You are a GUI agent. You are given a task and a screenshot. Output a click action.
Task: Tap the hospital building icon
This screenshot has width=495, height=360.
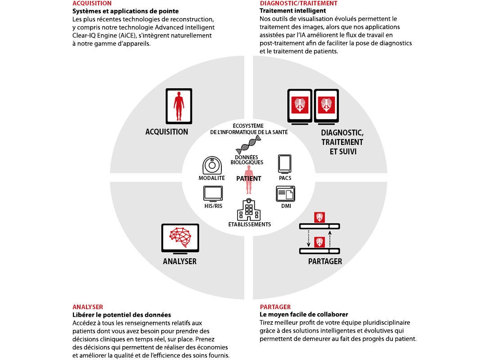pyautogui.click(x=249, y=210)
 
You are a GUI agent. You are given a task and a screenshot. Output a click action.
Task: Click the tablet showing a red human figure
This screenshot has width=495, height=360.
pyautogui.click(x=179, y=106)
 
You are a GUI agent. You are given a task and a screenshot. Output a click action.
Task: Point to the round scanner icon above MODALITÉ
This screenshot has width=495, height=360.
pyautogui.click(x=212, y=165)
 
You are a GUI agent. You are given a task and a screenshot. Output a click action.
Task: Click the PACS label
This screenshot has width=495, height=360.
pyautogui.click(x=285, y=178)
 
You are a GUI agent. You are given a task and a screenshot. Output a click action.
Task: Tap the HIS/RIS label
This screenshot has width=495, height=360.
pyautogui.click(x=213, y=206)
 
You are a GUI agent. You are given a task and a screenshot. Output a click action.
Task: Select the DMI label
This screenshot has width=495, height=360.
pyautogui.click(x=286, y=206)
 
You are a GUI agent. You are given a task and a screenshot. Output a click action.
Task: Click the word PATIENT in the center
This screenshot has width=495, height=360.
pyautogui.click(x=249, y=178)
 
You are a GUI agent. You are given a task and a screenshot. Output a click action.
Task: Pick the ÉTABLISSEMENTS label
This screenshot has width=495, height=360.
pyautogui.click(x=249, y=224)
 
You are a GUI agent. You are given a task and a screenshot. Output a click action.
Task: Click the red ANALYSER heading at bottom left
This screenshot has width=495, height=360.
pyautogui.click(x=88, y=307)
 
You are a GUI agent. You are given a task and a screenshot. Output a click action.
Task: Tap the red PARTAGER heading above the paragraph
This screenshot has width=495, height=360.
pyautogui.click(x=275, y=307)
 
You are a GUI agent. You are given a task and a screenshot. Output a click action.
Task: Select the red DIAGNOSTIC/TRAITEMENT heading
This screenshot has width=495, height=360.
pyautogui.click(x=299, y=3)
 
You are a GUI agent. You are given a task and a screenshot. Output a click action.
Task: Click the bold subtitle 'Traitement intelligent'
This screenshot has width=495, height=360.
pyautogui.click(x=292, y=11)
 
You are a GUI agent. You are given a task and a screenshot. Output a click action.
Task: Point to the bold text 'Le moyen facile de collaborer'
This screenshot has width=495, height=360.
pyautogui.click(x=304, y=315)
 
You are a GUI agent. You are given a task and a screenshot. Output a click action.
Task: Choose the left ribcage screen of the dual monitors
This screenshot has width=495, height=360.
pyautogui.click(x=300, y=106)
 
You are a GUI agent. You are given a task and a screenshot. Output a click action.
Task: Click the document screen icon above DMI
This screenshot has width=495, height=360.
pyautogui.click(x=285, y=193)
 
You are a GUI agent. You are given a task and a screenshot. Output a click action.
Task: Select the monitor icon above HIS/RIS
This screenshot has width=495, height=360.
pyautogui.click(x=213, y=193)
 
